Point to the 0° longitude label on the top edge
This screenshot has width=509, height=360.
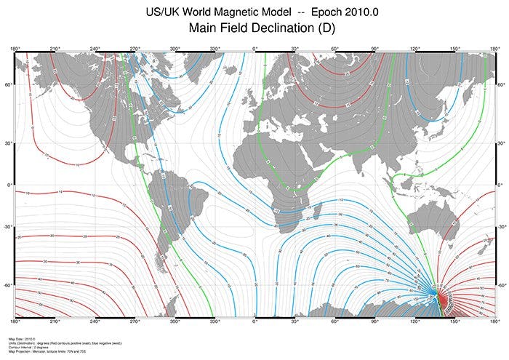(254, 48)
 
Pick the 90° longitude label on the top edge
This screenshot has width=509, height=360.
(374, 48)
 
